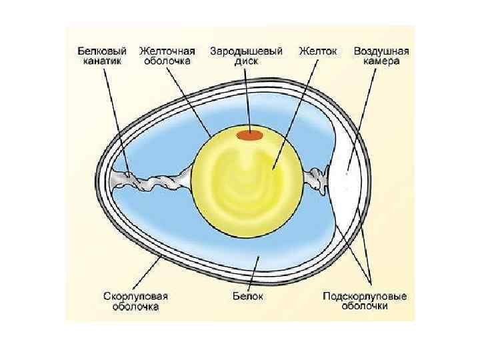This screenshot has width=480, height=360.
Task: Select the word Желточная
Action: [167, 51]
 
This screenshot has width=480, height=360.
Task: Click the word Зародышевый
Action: [246, 51]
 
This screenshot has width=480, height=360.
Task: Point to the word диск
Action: [246, 61]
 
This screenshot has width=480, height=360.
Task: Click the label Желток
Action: [318, 51]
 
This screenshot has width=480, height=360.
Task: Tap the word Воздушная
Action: [381, 51]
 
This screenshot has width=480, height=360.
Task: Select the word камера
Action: [381, 61]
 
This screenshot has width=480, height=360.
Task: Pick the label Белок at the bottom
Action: [253, 296]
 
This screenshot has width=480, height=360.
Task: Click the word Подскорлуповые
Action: [365, 296]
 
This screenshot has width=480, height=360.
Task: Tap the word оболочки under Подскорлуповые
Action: [365, 307]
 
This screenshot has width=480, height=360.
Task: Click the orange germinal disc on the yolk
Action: [251, 136]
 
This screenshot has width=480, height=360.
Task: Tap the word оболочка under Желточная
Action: [167, 61]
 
